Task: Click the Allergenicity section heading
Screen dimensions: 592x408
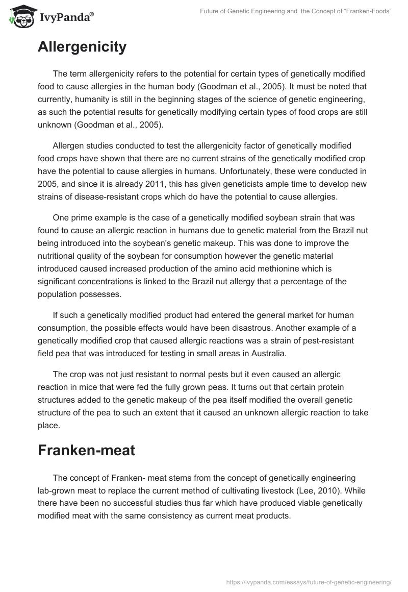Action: [82, 47]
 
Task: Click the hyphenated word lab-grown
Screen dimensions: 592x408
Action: [58, 490]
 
